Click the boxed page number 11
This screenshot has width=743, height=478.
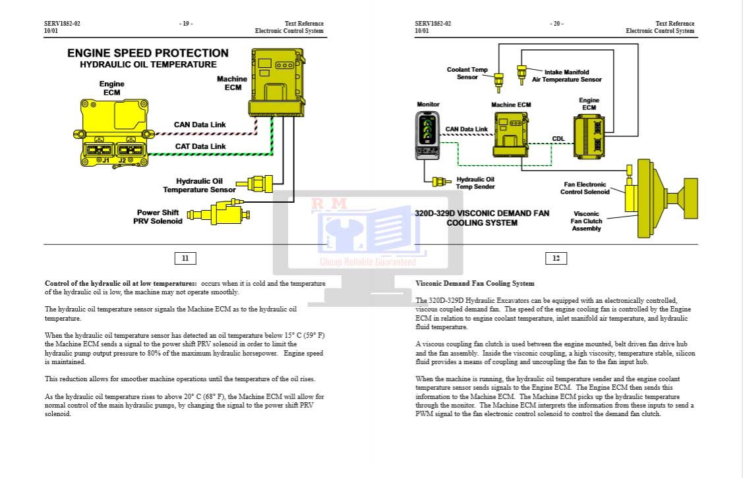point(185,258)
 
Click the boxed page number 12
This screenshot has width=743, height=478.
point(556,258)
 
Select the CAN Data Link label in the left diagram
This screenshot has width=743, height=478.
point(200,124)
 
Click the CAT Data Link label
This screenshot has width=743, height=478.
point(200,146)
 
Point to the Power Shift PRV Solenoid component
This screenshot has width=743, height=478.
point(218,212)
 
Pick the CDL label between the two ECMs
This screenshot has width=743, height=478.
point(558,139)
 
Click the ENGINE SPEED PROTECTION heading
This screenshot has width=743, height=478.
point(148,53)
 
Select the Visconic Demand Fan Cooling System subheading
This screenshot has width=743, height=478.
point(475,284)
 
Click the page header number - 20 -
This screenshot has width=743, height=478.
point(556,24)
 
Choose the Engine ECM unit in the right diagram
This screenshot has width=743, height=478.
point(588,134)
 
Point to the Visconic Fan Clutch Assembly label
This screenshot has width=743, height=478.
point(586,221)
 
